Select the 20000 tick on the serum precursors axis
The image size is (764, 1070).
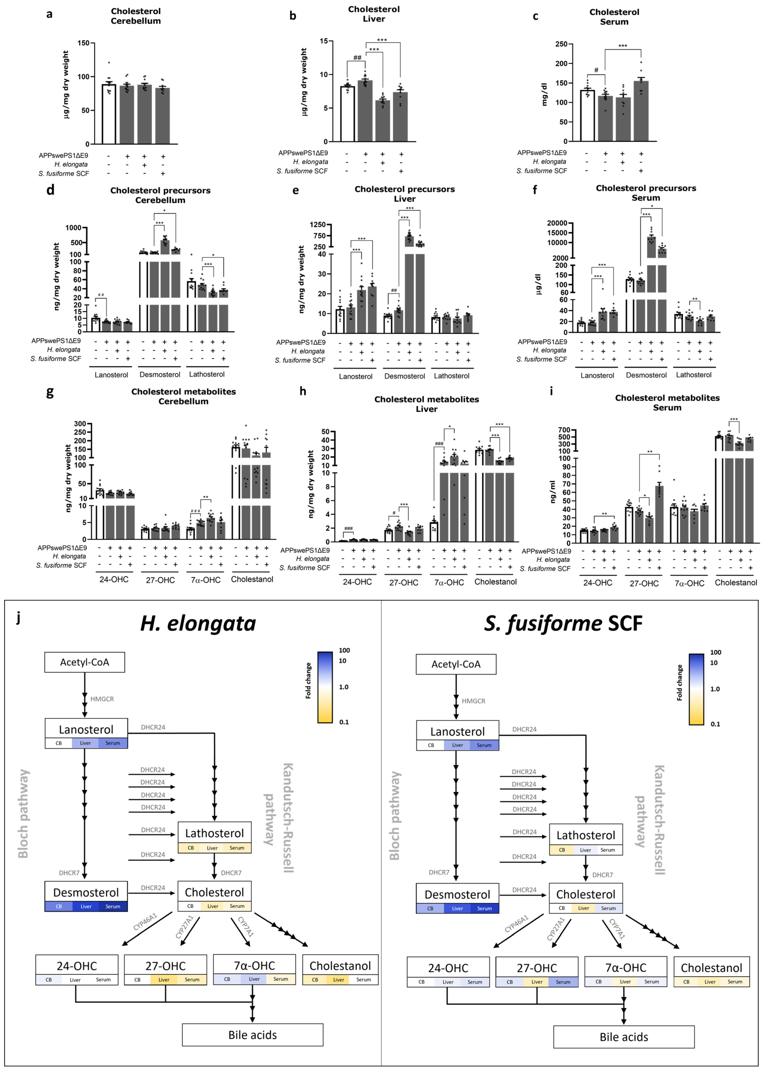point(556,223)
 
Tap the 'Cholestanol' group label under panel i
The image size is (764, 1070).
point(736,582)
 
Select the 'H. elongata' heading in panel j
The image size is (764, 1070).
point(198,624)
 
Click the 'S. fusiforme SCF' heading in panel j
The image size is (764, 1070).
point(563,624)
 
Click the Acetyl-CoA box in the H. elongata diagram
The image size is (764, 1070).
point(85,662)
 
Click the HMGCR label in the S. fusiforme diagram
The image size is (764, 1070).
point(473,701)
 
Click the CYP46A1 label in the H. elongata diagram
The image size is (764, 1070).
point(145,922)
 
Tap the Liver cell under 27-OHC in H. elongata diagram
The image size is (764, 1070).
point(164,980)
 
